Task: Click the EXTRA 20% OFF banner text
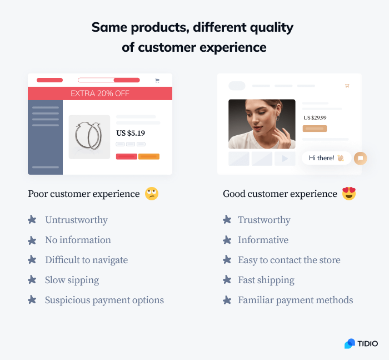[100, 93]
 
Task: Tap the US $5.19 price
[131, 133]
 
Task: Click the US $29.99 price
[315, 118]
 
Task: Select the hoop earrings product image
[89, 137]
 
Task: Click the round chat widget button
[360, 158]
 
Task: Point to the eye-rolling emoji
[152, 194]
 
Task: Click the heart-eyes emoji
[349, 194]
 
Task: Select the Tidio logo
[361, 344]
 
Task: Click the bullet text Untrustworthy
[76, 220]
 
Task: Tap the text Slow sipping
[72, 280]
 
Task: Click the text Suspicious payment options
[104, 300]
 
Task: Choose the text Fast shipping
[266, 280]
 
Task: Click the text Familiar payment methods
[295, 300]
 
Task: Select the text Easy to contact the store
[289, 260]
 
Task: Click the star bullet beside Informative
[227, 240]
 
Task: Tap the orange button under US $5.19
[149, 156]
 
